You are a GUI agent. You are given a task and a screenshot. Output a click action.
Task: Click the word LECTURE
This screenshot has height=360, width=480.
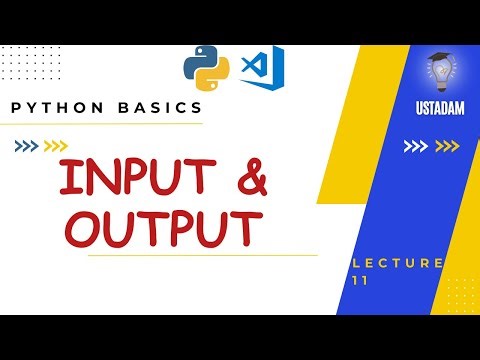[x=399, y=263]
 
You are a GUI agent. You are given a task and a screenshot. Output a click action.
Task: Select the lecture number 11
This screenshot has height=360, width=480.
[x=361, y=281]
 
